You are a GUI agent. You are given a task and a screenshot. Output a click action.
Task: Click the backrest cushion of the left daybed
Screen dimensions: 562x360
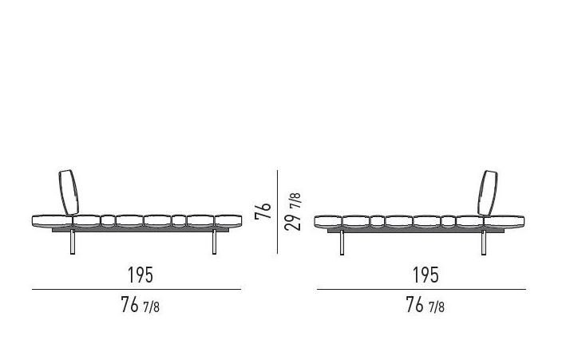coord(69,192)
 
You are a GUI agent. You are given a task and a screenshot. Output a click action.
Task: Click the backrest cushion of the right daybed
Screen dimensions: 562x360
coord(488,193)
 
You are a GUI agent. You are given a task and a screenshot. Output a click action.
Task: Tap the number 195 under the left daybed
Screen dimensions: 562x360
coord(140,275)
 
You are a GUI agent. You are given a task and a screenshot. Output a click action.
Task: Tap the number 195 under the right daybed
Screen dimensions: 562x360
coord(425,275)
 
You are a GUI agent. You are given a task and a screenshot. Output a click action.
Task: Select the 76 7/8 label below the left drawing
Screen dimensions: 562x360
coord(140,305)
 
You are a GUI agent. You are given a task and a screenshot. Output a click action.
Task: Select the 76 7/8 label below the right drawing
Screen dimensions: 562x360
coord(425,305)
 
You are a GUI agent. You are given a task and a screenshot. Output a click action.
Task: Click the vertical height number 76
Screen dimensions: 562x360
coord(263,212)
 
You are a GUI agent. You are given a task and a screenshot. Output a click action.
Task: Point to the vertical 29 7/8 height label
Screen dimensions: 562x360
coord(293,212)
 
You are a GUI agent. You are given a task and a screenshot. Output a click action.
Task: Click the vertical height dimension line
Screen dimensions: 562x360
coord(278,212)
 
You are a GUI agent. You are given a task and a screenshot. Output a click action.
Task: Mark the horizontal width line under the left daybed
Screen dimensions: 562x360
coord(137,290)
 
